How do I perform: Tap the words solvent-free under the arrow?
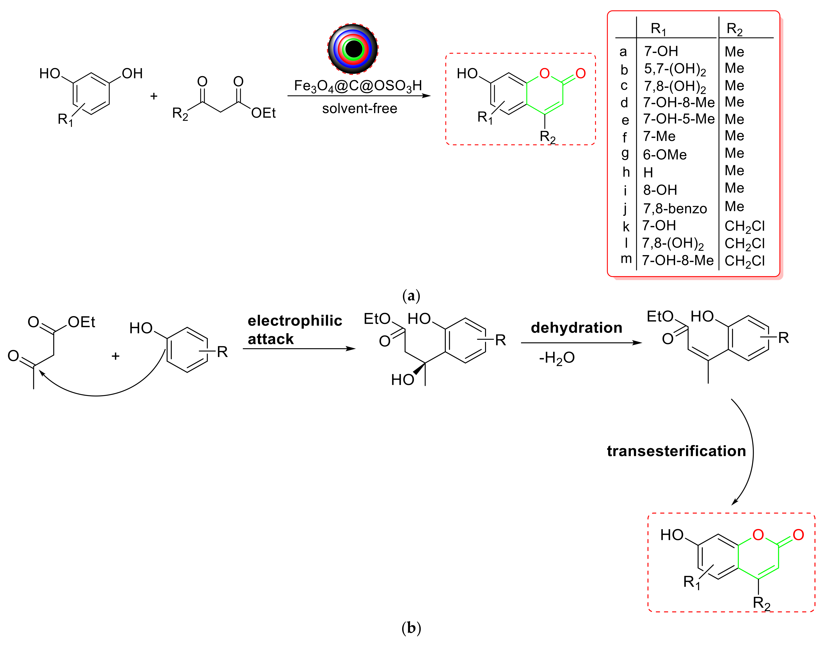pos(359,109)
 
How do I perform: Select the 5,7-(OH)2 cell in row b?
pos(675,69)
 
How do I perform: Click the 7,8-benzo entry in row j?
pos(675,208)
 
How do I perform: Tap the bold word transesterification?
pos(676,451)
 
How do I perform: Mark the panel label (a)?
pos(411,296)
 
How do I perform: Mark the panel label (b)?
pos(411,628)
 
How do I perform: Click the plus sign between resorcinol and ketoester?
pos(153,96)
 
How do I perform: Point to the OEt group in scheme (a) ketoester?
pos(263,113)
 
